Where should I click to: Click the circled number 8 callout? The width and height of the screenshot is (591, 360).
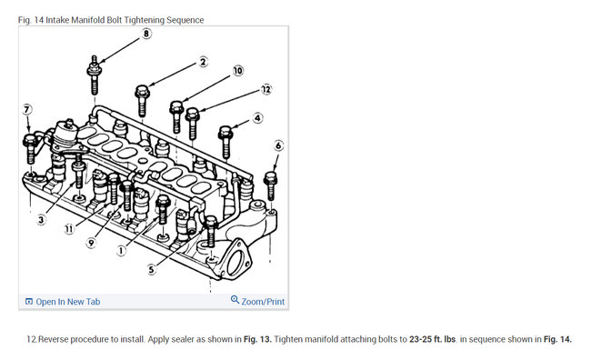146,34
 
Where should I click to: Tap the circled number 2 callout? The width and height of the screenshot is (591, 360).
203,62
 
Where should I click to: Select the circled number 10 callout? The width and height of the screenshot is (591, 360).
238,71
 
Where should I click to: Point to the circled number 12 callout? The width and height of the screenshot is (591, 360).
266,89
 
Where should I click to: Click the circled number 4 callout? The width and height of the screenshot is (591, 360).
257,118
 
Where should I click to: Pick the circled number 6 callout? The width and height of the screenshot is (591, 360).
278,145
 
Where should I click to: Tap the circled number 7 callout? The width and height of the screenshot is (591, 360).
26,109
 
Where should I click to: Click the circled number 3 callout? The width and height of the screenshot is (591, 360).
42,219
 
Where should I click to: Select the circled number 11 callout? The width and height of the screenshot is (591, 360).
69,228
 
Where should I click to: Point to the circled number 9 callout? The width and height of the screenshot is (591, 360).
91,243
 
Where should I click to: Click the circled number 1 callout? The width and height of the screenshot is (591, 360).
121,250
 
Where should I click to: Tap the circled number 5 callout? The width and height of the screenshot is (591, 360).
151,269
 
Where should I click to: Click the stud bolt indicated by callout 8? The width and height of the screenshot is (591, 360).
95,75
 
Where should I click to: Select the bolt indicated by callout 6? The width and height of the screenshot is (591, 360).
271,185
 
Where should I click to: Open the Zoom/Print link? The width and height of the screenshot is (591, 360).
258,301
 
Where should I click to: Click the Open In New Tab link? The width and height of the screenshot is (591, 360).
63,302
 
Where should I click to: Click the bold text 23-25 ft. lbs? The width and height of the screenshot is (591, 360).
432,339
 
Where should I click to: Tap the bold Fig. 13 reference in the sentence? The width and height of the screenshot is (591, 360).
257,339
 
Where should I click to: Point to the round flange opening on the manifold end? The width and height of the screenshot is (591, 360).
236,262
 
